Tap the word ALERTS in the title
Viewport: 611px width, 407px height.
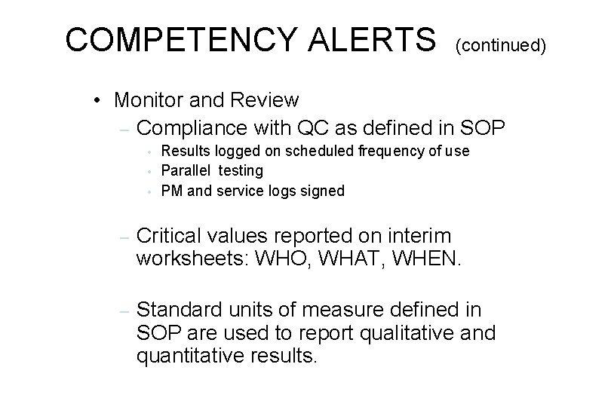[x=373, y=39]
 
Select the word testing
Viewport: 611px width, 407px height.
[x=239, y=172]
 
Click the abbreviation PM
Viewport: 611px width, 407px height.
[x=171, y=191]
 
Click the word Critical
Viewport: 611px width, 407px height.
[x=170, y=235]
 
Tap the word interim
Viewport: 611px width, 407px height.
[x=419, y=235]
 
